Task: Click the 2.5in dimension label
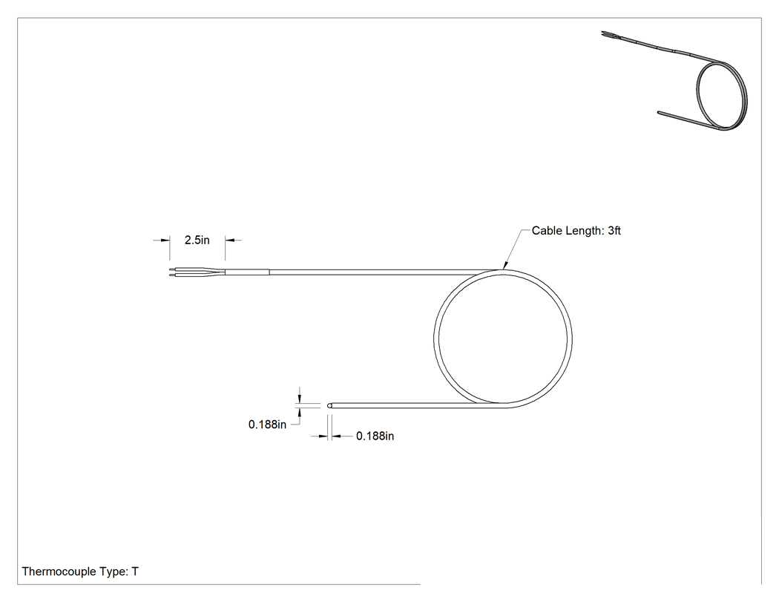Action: (x=197, y=240)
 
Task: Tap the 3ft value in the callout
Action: (x=614, y=231)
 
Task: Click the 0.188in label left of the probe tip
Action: (x=267, y=425)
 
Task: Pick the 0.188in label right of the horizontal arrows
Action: (x=375, y=436)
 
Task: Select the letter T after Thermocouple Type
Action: (x=135, y=572)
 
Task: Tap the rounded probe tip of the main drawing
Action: (x=329, y=405)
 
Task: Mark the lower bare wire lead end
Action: (x=171, y=275)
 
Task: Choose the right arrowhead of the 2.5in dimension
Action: (x=230, y=240)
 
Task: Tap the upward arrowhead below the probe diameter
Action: (x=299, y=413)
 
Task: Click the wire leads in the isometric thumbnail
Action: (x=608, y=35)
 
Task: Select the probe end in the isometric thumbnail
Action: (x=660, y=112)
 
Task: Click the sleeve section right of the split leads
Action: (x=247, y=272)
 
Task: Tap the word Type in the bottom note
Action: (x=113, y=572)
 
